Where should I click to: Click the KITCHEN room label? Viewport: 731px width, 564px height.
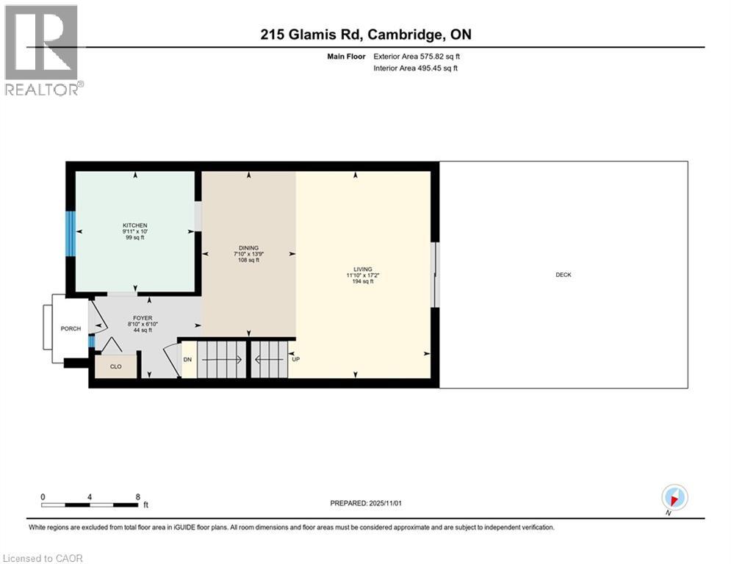click(135, 225)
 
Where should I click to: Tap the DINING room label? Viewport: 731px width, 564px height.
click(248, 248)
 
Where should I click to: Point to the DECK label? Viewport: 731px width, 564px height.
click(563, 275)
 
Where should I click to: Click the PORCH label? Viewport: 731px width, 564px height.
click(71, 328)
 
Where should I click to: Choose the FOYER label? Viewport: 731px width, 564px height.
click(142, 319)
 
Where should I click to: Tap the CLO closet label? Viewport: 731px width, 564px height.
click(115, 366)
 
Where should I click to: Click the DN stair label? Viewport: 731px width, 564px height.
click(187, 360)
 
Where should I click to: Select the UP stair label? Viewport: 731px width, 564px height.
click(296, 360)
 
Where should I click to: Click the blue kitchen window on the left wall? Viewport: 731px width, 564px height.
click(71, 234)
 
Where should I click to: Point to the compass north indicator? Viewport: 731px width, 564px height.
click(674, 498)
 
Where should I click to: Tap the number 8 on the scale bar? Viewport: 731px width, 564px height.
click(138, 496)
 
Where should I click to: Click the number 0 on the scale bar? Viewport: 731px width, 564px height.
click(43, 496)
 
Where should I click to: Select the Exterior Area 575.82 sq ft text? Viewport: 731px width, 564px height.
click(417, 56)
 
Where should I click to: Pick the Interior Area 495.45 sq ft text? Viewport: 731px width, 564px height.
click(416, 68)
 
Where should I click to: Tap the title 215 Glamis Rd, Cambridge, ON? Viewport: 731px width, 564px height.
click(365, 35)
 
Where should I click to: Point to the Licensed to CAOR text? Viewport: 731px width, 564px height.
click(43, 558)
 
